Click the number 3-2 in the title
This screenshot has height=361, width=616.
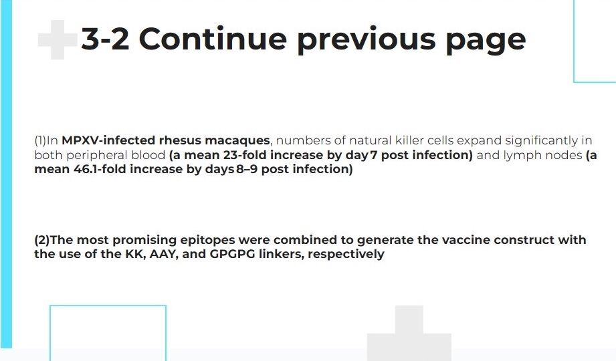click(x=105, y=39)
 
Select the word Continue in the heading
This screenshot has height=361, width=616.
click(x=213, y=39)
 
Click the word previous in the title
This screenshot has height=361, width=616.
click(x=366, y=41)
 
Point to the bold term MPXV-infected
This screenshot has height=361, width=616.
click(x=108, y=140)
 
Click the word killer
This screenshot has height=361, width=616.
click(x=409, y=140)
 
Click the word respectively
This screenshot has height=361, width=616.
click(x=346, y=255)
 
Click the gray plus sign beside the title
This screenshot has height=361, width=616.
click(x=58, y=39)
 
